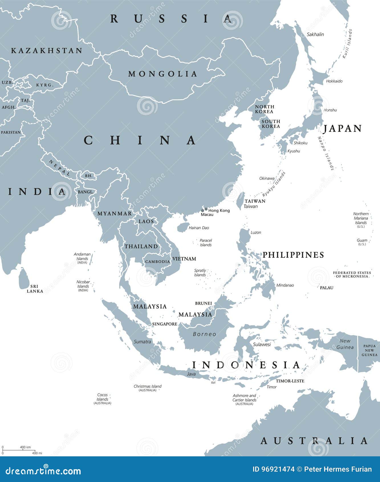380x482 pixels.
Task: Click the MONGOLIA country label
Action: click(162, 74)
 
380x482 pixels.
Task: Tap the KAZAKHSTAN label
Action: click(47, 51)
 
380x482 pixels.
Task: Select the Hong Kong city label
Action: click(219, 210)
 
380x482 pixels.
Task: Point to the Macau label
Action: click(207, 214)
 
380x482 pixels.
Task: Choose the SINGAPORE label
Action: click(164, 324)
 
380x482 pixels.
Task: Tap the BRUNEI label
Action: click(203, 303)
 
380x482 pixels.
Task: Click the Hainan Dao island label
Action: click(199, 228)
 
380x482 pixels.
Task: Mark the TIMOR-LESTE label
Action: click(290, 381)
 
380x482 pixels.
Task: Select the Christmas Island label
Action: click(147, 386)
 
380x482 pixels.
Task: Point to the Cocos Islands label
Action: click(102, 397)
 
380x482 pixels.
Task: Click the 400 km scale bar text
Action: click(25, 447)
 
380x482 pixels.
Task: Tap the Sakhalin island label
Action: click(315, 34)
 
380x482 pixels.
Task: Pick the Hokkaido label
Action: click(334, 81)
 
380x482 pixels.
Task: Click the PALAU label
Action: click(326, 288)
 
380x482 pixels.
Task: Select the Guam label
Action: click(362, 240)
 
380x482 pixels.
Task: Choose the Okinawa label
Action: click(267, 178)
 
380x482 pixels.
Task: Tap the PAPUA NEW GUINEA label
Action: click(369, 350)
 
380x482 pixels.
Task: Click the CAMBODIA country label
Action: click(157, 262)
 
